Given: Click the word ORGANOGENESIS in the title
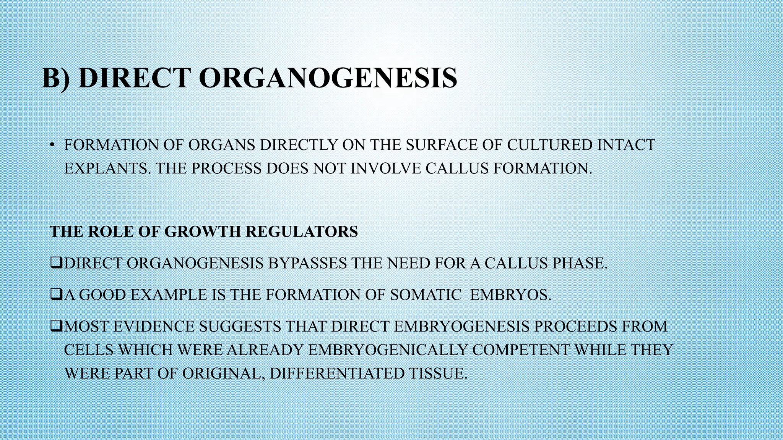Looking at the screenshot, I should [328, 78].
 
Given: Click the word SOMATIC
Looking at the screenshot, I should [426, 295].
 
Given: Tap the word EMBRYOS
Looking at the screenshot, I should [510, 295].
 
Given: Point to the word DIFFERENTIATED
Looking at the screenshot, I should [336, 373].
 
